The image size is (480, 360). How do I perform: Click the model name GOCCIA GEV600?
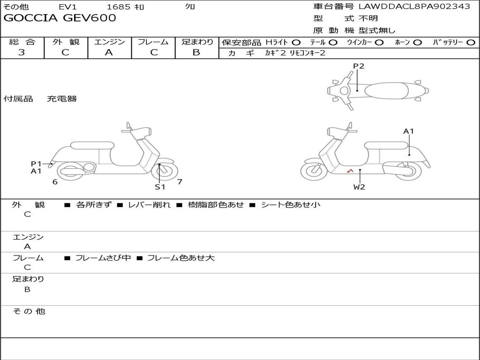click(60, 18)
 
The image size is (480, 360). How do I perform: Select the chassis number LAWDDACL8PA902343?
click(414, 6)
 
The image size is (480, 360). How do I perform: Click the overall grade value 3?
click(22, 52)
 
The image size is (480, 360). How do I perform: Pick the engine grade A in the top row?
click(109, 52)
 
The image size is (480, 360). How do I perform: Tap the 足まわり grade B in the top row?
click(196, 52)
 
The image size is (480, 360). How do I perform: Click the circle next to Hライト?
click(296, 43)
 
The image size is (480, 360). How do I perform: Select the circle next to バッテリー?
click(471, 43)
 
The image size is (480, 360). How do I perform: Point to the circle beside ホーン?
click(417, 43)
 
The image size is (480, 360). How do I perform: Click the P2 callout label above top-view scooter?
click(359, 66)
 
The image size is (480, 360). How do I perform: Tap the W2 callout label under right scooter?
click(359, 187)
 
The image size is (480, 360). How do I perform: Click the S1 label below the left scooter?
click(160, 187)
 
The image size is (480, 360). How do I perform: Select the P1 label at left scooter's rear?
click(36, 164)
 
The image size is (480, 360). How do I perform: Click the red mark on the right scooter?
click(351, 171)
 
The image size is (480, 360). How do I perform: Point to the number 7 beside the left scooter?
click(180, 181)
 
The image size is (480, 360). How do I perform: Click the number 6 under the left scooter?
click(55, 182)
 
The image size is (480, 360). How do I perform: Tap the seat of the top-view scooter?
click(386, 91)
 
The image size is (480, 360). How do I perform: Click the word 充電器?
click(62, 99)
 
